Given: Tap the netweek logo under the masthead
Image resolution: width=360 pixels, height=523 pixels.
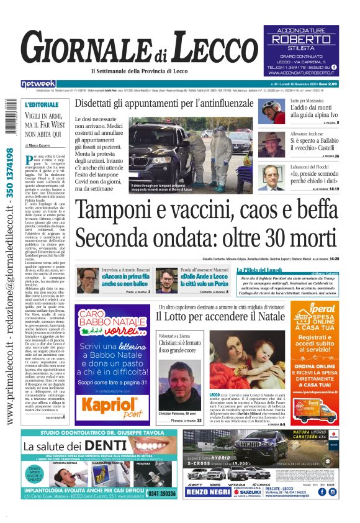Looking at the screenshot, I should point(38,84).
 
